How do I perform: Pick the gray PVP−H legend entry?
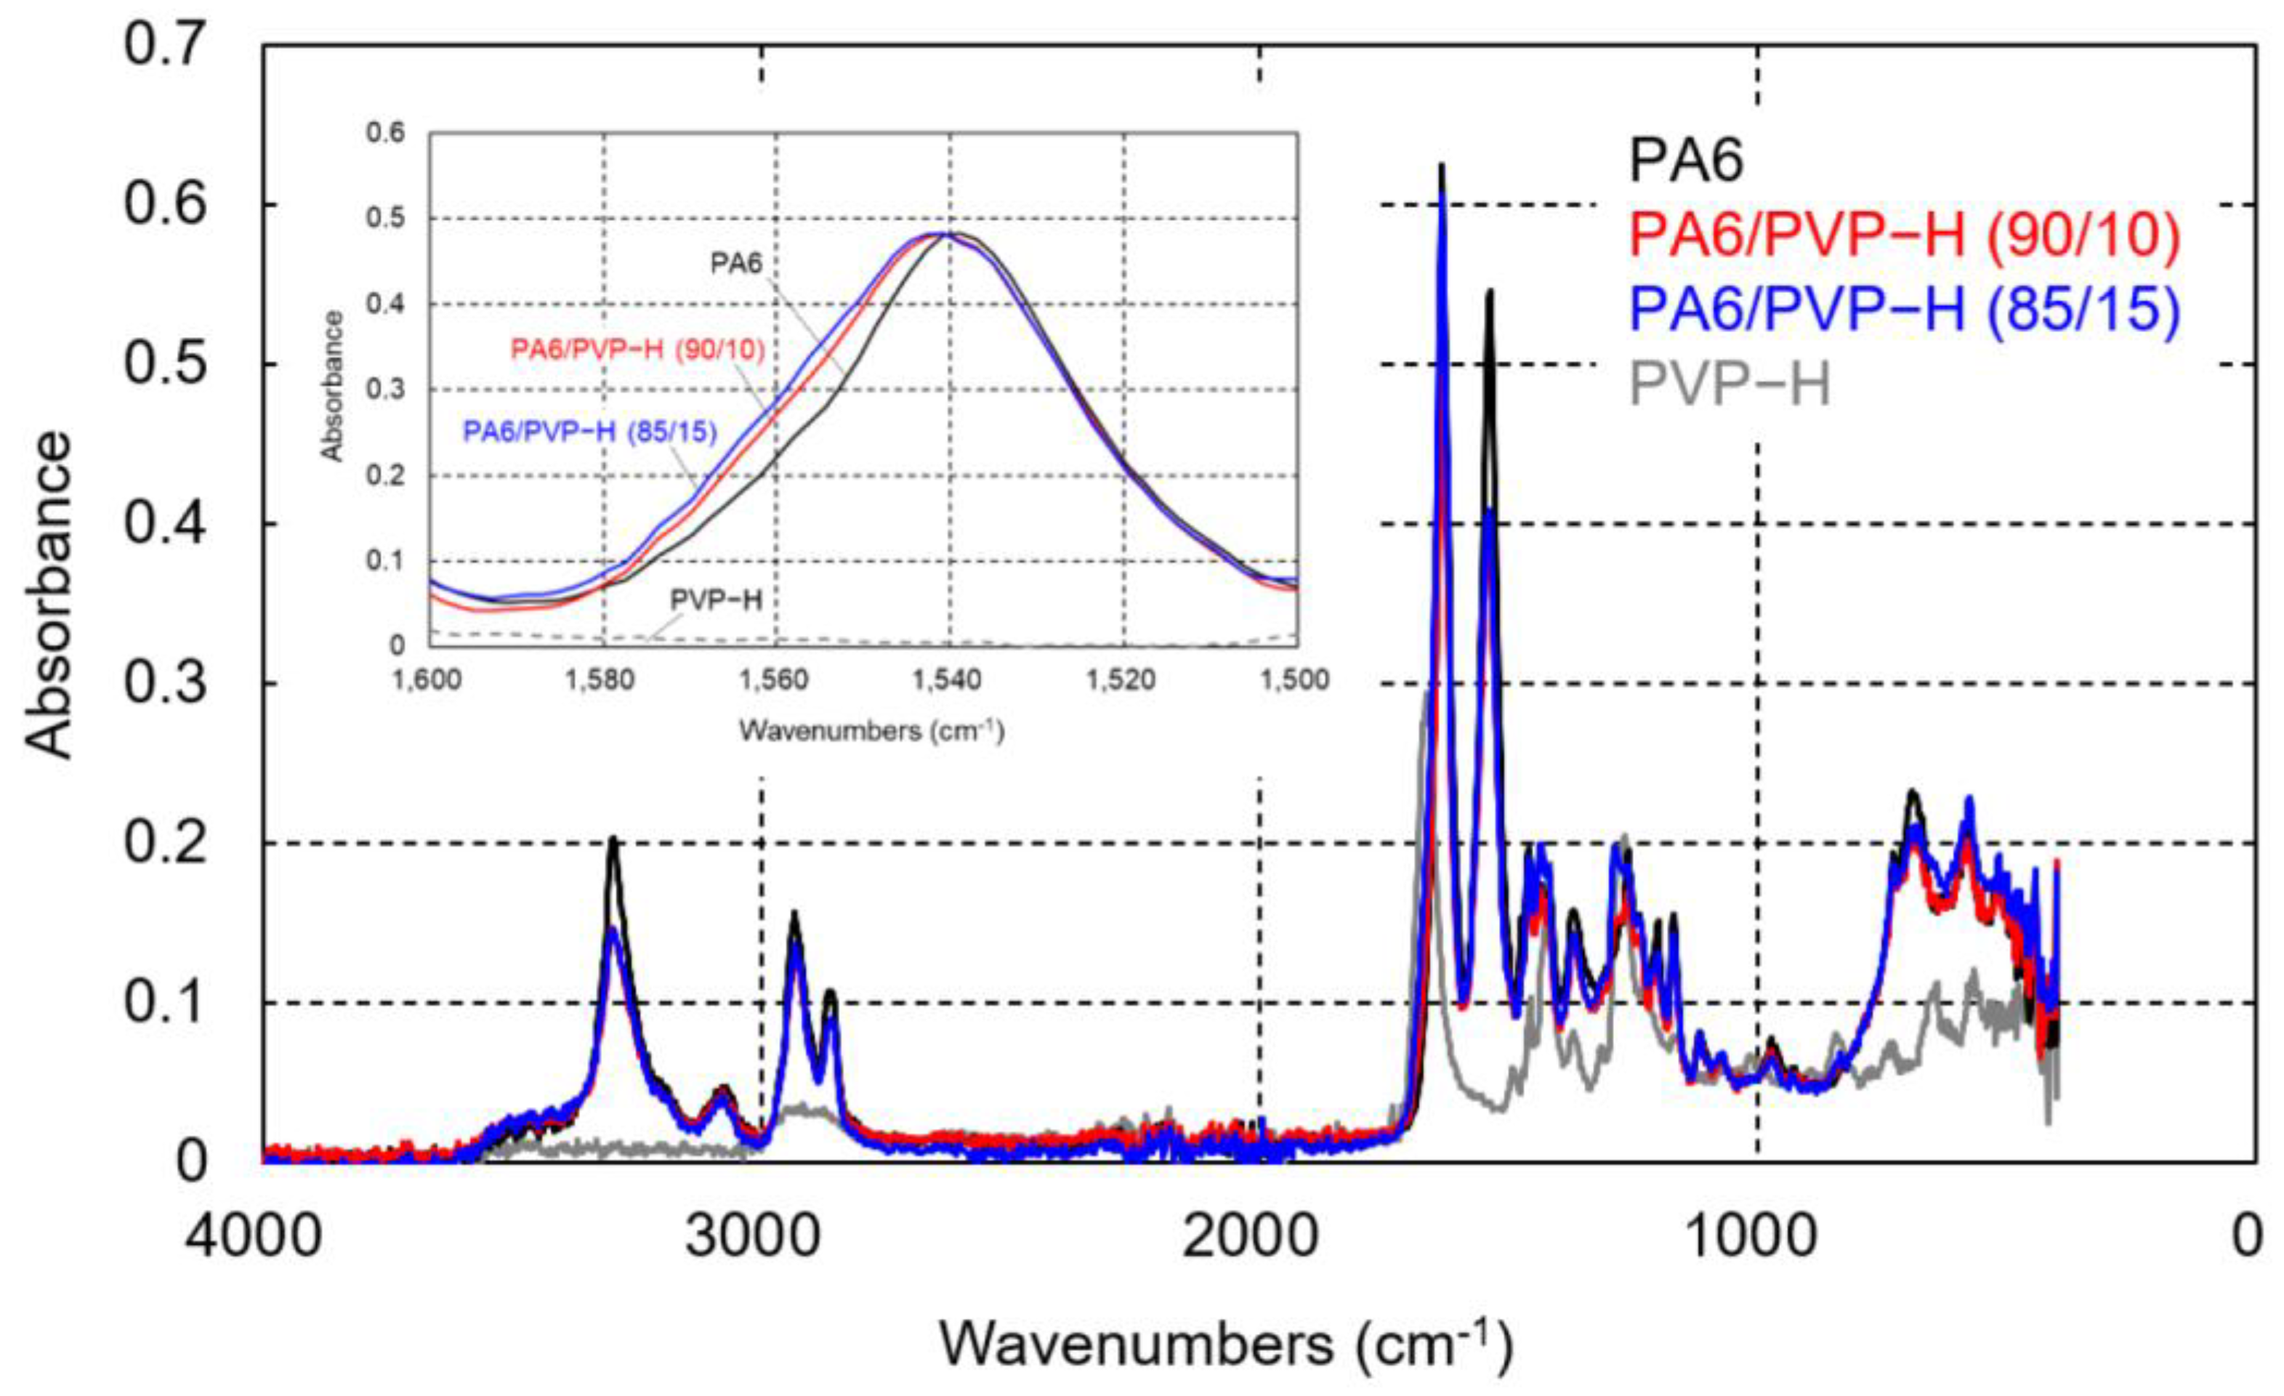(x=1730, y=384)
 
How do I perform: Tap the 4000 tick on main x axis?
(x=253, y=1238)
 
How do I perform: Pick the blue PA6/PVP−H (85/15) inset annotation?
(x=589, y=432)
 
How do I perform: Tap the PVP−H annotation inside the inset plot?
(x=716, y=600)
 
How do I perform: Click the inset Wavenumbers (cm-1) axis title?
(x=871, y=731)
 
